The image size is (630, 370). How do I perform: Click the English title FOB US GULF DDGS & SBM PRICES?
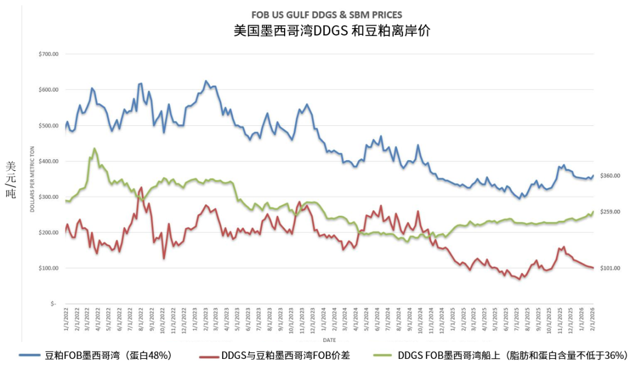click(326, 15)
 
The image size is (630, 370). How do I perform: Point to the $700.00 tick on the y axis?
click(48, 54)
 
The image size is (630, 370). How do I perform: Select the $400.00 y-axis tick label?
click(48, 161)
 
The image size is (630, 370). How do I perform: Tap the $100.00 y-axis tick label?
click(48, 269)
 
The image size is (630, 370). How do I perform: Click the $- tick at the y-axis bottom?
click(52, 304)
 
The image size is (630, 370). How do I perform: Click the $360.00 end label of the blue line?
click(610, 176)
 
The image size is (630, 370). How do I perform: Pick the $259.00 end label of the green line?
click(610, 212)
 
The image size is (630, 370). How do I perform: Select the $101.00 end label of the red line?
click(610, 268)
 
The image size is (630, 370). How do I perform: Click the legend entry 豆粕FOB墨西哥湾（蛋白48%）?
click(108, 354)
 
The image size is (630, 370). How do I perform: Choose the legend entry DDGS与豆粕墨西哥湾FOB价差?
click(285, 354)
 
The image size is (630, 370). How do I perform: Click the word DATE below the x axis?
click(329, 339)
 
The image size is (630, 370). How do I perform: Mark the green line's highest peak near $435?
click(94, 149)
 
